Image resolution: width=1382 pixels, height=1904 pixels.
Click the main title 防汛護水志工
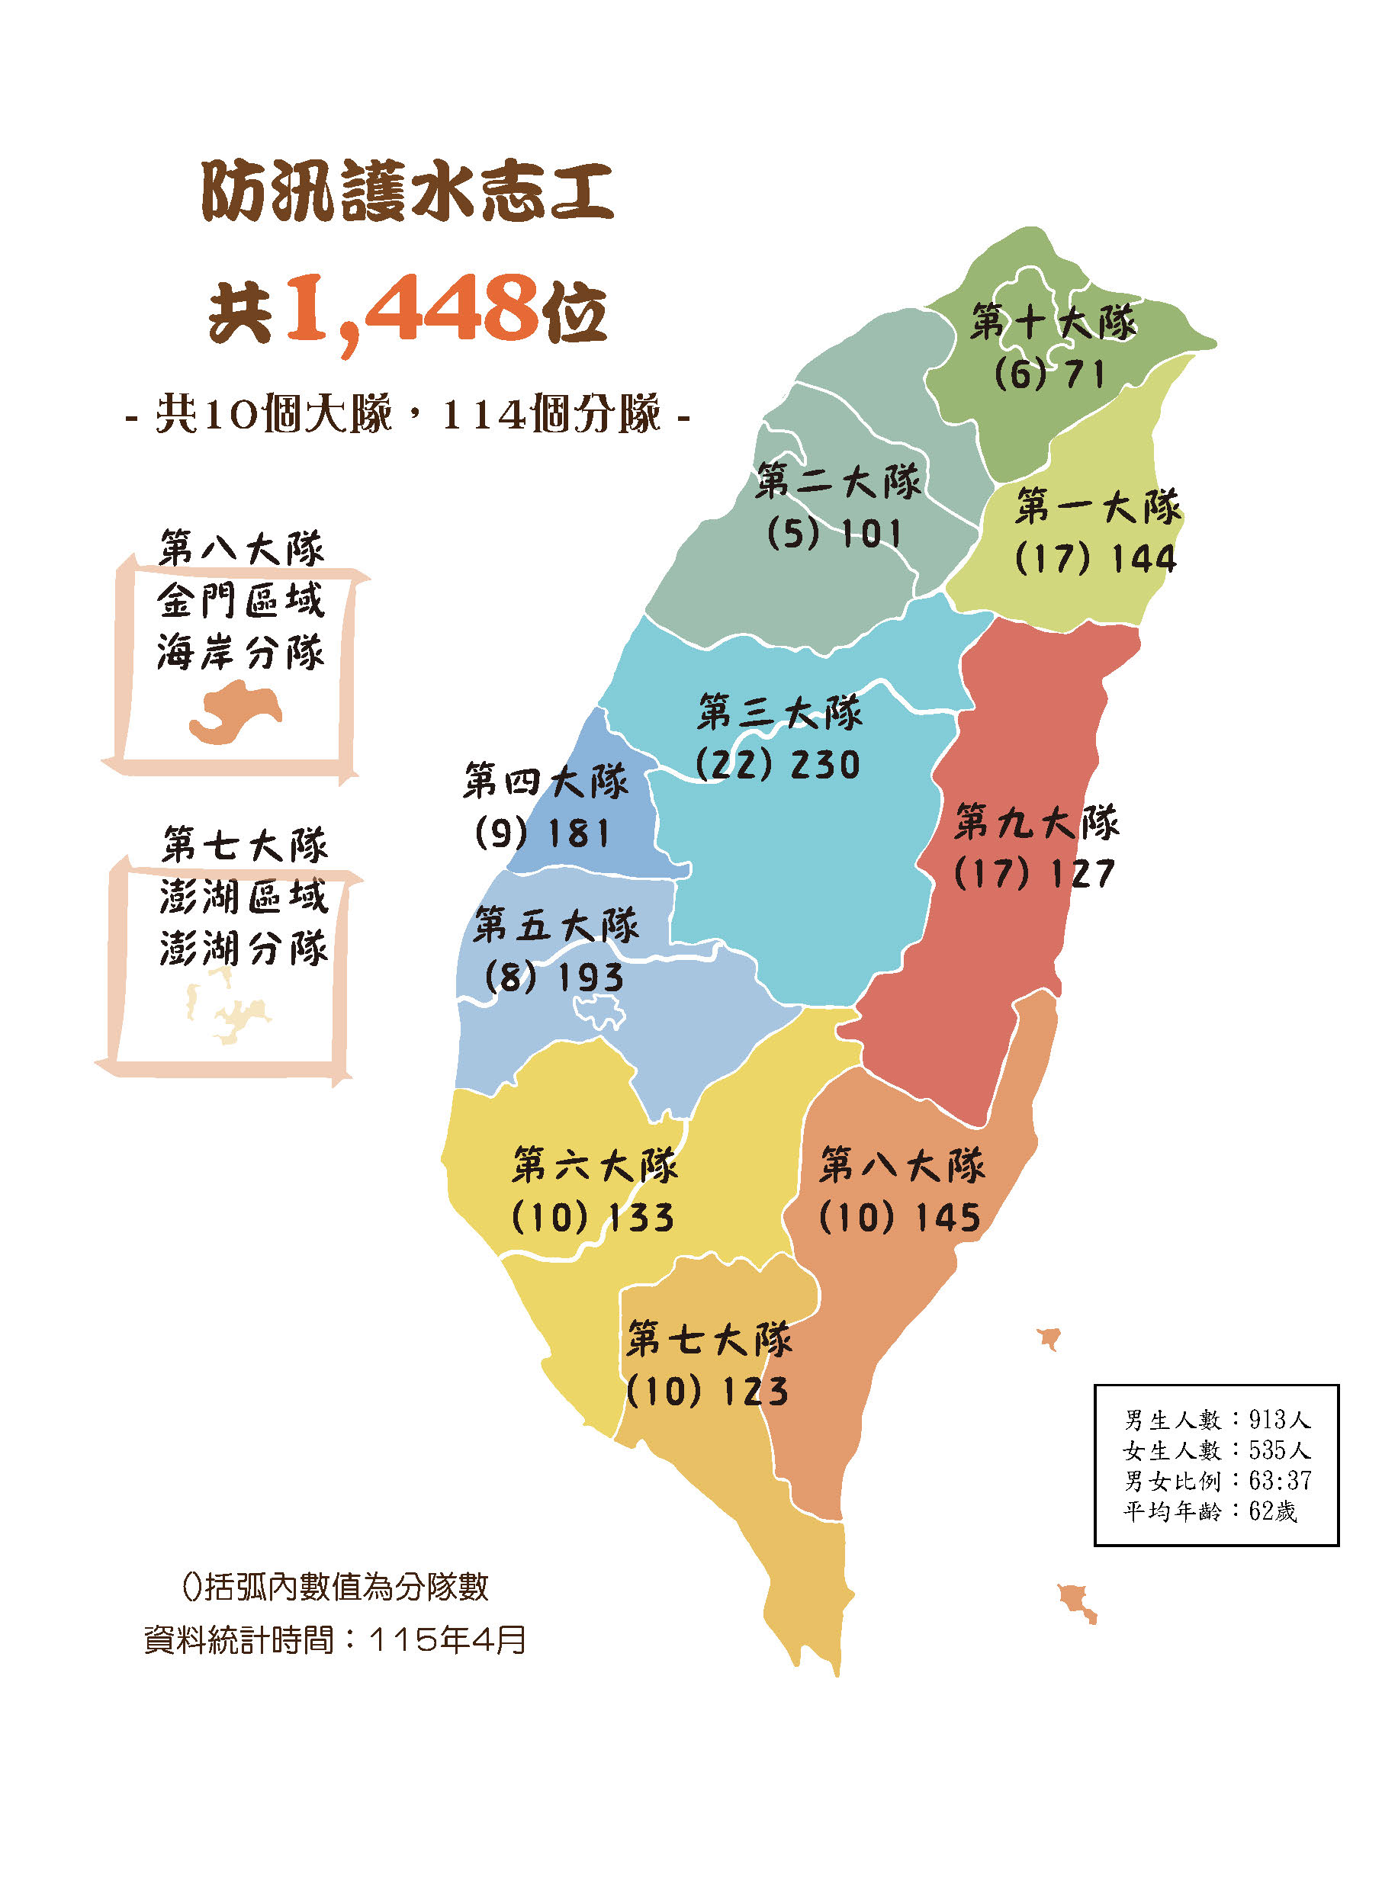pos(407,192)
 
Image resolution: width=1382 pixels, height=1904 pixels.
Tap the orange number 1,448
pos(411,309)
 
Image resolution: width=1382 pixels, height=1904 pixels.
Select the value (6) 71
pos(1049,374)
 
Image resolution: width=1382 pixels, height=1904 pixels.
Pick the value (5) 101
pos(834,534)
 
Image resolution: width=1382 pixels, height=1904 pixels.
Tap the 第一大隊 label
pos(1098,507)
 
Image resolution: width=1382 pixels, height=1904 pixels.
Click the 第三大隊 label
pos(780,713)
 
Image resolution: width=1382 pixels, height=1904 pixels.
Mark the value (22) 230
pos(778,765)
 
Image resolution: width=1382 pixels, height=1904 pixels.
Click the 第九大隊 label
pos(1037,822)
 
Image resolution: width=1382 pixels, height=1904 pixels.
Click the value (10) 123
pos(708,1392)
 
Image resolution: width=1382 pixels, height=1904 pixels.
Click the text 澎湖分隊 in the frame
pos(243,949)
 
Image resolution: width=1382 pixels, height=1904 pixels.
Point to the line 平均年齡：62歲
pos(1210,1511)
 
